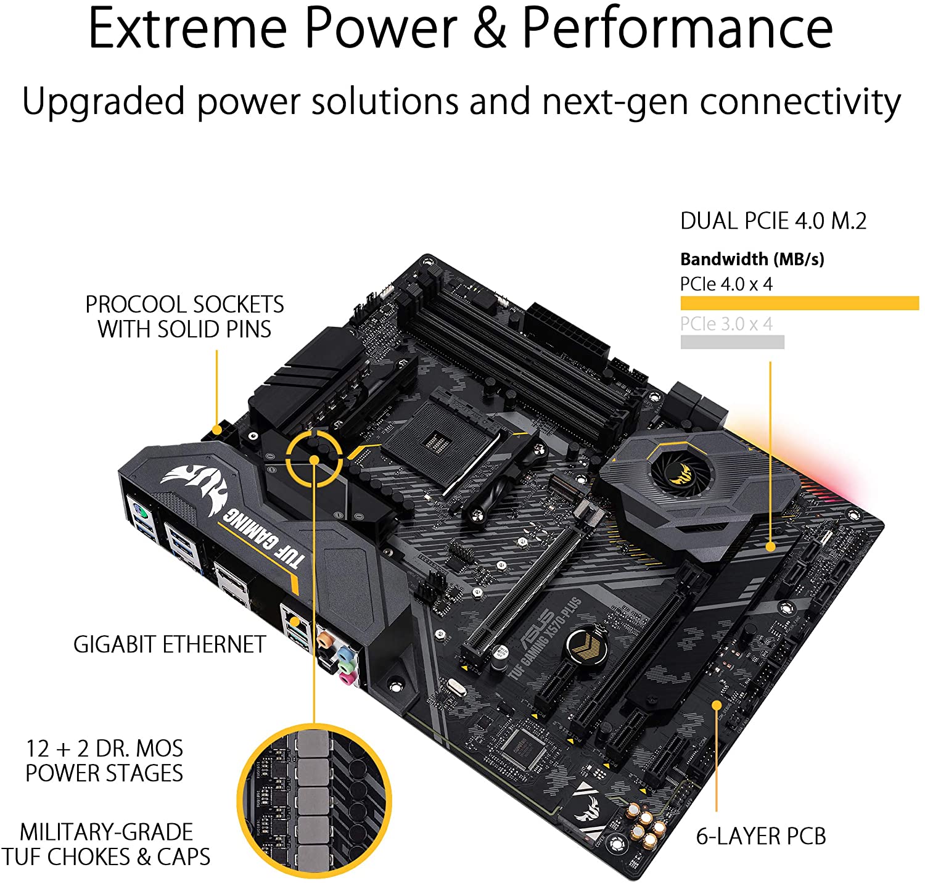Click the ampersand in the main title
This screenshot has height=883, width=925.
click(490, 30)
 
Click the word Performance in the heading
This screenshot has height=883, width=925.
click(677, 30)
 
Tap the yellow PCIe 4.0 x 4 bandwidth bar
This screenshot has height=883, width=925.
click(799, 303)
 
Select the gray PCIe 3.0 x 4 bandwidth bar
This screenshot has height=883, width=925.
click(732, 342)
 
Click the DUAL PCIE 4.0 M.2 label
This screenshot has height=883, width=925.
click(773, 221)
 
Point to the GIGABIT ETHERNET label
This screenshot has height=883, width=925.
click(170, 644)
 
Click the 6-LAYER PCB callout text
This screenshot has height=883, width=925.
click(761, 836)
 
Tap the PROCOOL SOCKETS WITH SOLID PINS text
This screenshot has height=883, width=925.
click(184, 317)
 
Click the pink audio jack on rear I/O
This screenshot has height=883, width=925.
click(349, 678)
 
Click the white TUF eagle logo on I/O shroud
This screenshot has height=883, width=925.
click(196, 487)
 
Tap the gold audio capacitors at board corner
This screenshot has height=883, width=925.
click(645, 826)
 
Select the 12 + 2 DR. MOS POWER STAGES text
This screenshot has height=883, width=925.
click(104, 760)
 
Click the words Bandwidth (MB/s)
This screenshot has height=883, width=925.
click(752, 259)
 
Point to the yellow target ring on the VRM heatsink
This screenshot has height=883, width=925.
click(314, 459)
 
